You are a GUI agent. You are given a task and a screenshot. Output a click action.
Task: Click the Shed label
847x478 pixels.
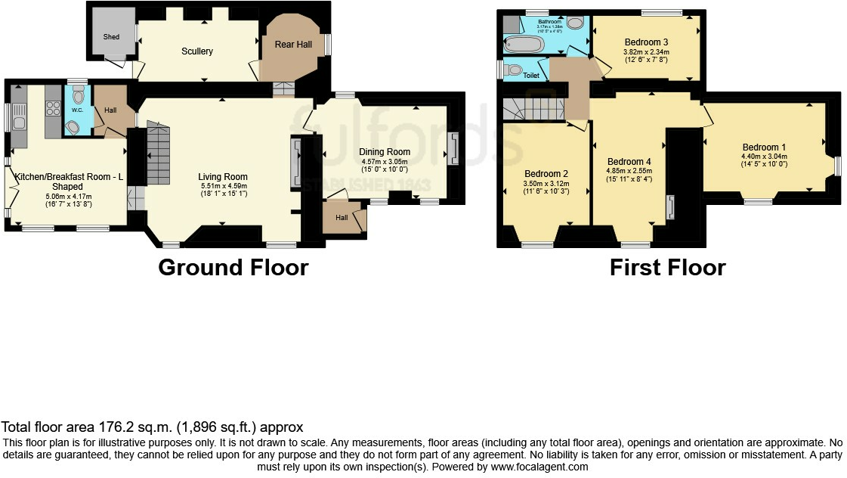(111, 36)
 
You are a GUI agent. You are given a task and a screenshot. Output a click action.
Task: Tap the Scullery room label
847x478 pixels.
(196, 51)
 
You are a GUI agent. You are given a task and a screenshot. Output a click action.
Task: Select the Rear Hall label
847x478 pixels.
(293, 45)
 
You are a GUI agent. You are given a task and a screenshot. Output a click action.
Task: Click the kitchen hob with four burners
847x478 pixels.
(53, 108)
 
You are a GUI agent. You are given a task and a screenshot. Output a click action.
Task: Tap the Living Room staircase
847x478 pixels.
(158, 155)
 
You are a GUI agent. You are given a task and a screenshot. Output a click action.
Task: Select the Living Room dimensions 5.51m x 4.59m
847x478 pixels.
(223, 185)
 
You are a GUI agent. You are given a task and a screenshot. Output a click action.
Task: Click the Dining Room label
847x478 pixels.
(385, 152)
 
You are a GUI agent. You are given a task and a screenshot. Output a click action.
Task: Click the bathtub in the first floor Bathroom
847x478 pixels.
(524, 45)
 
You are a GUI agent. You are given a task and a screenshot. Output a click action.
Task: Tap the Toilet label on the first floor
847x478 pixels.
(532, 76)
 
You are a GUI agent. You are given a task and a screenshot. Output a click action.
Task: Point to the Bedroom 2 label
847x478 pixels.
(546, 174)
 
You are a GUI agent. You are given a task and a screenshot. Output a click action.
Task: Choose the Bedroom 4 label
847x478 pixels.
(629, 161)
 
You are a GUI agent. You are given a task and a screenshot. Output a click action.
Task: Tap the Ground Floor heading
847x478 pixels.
(233, 268)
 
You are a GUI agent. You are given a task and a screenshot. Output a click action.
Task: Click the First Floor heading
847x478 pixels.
(667, 268)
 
